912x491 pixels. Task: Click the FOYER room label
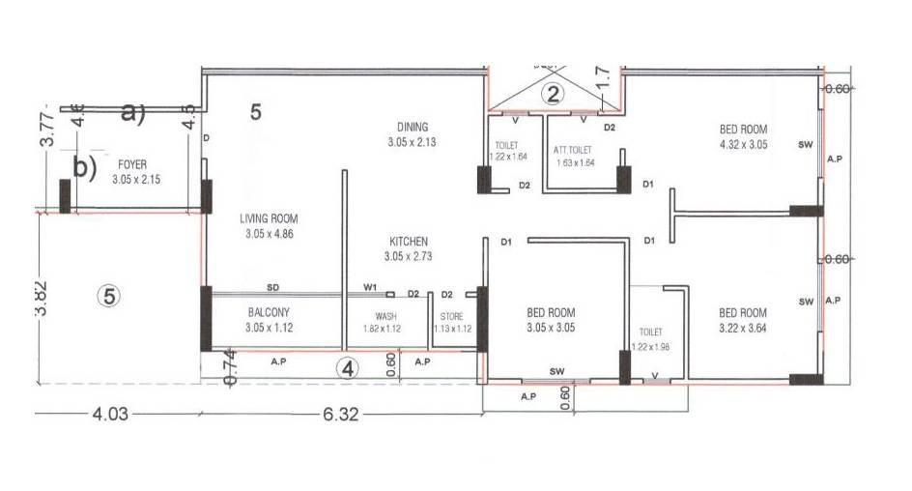click(x=132, y=165)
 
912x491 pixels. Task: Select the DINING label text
click(x=412, y=128)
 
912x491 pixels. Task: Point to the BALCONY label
click(x=269, y=312)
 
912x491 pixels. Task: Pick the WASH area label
click(x=386, y=316)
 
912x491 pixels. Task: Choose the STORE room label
click(x=451, y=316)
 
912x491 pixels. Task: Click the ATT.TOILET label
click(x=573, y=150)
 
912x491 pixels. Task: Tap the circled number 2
click(x=552, y=94)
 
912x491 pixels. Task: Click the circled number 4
click(x=348, y=367)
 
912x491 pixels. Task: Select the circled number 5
click(x=110, y=297)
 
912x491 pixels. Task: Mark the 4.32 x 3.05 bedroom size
click(x=743, y=144)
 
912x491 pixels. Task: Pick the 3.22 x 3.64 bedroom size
click(x=743, y=328)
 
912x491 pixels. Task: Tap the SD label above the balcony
click(x=273, y=288)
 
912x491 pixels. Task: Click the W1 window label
click(x=370, y=288)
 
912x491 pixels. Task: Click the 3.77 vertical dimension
click(x=44, y=126)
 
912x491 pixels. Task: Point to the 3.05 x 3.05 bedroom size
click(x=551, y=328)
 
